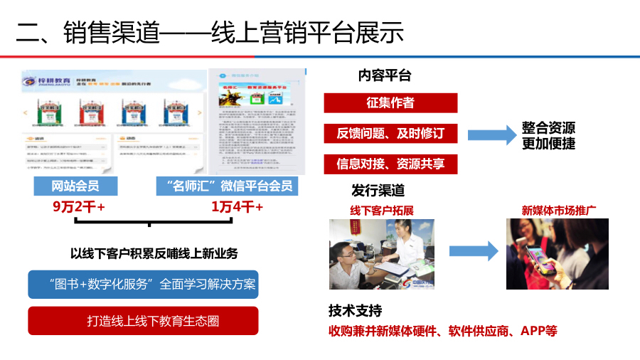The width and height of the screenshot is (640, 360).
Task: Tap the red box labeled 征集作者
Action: click(390, 103)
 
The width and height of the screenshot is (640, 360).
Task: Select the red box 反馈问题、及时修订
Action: click(390, 134)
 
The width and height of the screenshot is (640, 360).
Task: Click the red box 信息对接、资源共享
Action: click(390, 164)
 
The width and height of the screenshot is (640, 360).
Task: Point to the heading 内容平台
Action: click(385, 75)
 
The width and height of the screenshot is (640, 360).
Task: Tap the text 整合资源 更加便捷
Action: click(548, 135)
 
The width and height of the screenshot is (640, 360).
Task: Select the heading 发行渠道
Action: click(378, 190)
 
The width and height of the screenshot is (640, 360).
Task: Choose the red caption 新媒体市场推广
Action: click(558, 211)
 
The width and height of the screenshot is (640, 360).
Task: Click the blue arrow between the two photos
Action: click(473, 251)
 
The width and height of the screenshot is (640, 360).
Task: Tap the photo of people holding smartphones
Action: click(557, 253)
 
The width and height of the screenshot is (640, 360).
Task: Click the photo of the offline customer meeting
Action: click(382, 254)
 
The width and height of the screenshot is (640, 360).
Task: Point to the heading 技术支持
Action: click(355, 311)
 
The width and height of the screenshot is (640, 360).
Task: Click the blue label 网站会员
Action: click(75, 186)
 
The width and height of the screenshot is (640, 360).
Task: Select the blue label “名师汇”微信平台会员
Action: click(225, 186)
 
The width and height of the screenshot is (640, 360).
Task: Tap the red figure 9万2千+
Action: click(78, 207)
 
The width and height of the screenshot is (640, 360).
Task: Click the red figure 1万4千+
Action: click(237, 207)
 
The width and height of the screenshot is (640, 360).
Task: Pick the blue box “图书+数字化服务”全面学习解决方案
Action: click(143, 284)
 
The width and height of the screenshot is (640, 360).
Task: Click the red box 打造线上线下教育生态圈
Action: click(143, 321)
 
